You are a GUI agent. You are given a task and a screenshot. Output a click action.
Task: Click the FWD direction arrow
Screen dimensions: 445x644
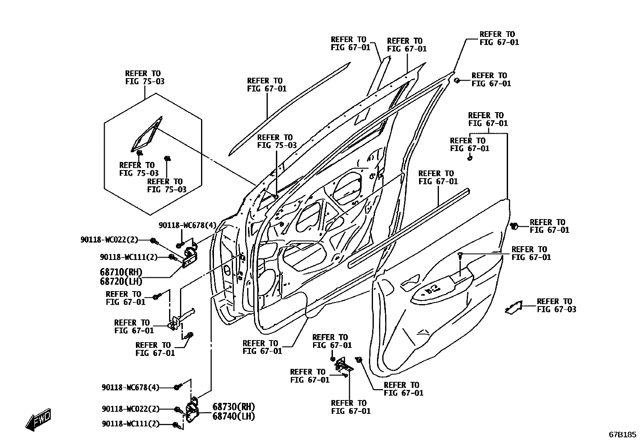[x=39, y=419]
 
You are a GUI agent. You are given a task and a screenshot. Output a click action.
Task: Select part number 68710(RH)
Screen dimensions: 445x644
[x=121, y=272]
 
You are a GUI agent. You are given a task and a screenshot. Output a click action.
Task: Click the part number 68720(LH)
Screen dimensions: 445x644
[x=121, y=281]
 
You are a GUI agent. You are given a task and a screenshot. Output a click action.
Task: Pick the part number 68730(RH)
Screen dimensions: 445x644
[x=233, y=407]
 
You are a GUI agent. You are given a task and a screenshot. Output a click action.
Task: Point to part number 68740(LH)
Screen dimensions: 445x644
[x=233, y=416]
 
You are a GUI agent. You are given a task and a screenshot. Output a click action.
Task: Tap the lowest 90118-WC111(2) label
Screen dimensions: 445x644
[x=130, y=424]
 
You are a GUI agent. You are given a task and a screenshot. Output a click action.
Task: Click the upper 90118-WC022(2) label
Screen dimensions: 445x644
[x=109, y=240]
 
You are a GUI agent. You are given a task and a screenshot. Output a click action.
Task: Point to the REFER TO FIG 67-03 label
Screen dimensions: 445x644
[x=556, y=305]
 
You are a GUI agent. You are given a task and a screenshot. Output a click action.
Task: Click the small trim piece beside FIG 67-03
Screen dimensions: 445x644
[x=514, y=307]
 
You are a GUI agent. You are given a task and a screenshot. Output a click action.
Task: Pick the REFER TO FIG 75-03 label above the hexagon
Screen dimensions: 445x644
[x=145, y=77]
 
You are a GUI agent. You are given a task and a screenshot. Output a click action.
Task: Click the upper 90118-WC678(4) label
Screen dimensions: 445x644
[x=187, y=226]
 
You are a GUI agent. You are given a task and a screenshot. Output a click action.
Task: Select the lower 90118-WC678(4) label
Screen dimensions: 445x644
[x=130, y=388]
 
